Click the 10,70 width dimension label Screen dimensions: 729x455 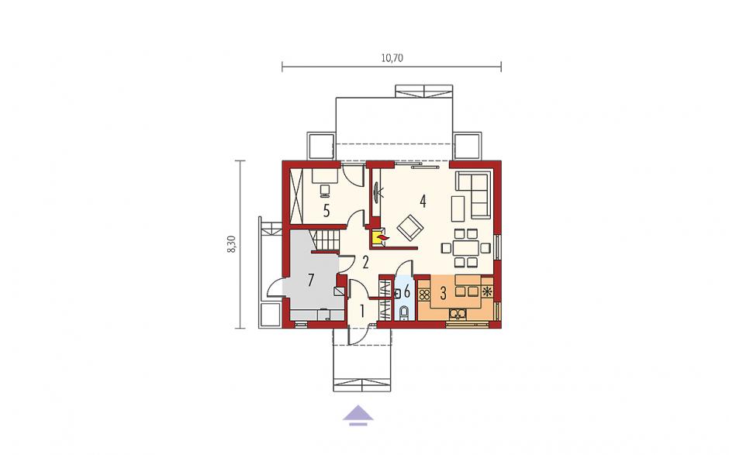tap(392, 58)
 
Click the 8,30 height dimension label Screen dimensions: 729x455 tap(231, 244)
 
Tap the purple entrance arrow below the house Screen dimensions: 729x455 tap(358, 415)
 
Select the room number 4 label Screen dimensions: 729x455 tap(423, 202)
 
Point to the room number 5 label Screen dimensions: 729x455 tap(326, 211)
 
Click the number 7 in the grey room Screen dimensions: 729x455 tap(311, 280)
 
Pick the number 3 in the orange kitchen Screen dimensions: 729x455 tap(443, 293)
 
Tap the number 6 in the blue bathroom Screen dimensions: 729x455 tap(407, 292)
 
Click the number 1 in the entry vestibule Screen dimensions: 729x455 tap(362, 311)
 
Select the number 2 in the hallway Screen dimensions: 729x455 tap(365, 263)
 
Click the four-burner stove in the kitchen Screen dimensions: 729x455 tap(424, 295)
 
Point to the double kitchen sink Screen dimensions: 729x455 tap(458, 314)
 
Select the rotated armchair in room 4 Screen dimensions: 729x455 tap(410, 228)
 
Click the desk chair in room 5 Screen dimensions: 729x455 tap(324, 190)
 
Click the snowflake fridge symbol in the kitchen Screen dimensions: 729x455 tap(487, 292)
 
